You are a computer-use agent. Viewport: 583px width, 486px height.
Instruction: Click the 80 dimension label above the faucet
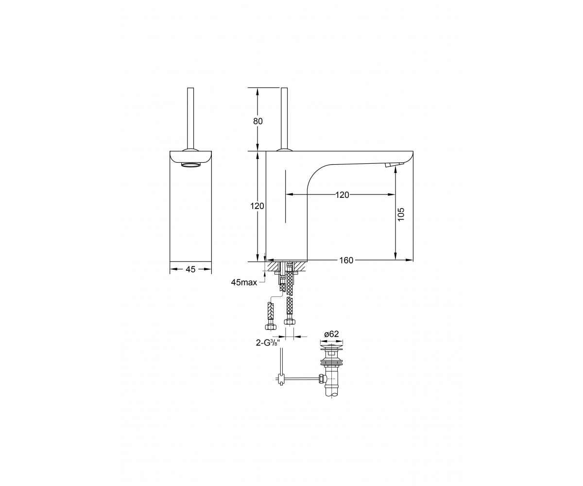click(257, 121)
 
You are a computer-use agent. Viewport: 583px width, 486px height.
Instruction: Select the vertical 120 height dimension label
click(257, 206)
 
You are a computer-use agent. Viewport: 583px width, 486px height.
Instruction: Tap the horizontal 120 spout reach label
click(342, 195)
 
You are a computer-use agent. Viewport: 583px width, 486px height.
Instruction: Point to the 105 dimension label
click(401, 214)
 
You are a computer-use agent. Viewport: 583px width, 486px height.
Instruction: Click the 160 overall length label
click(346, 260)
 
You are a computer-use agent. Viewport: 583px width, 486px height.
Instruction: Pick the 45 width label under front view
click(190, 269)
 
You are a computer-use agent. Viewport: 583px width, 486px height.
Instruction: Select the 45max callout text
click(244, 282)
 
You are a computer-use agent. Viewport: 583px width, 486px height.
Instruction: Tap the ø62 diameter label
click(331, 334)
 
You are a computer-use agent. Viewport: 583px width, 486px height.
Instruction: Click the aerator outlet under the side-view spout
click(390, 165)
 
